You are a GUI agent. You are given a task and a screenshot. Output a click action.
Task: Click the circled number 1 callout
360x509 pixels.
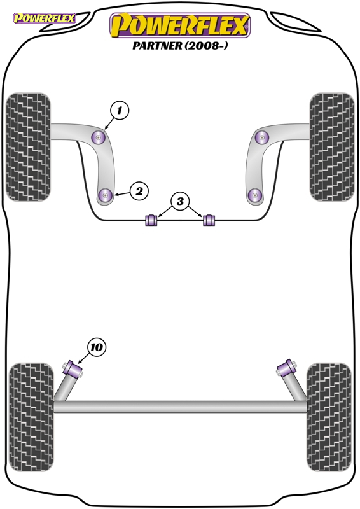120,110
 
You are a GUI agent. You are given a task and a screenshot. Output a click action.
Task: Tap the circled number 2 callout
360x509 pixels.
139,192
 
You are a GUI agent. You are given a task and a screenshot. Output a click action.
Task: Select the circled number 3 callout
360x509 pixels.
180,201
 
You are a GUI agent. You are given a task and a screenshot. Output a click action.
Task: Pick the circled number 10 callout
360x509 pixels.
97,347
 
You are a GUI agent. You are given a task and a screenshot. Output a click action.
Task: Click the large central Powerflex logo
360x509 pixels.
180,25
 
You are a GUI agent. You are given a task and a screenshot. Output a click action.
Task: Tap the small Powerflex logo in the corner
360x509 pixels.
44,18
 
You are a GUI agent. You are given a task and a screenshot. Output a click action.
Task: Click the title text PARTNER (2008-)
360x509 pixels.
180,45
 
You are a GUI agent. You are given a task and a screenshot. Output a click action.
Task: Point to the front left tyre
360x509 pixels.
29,147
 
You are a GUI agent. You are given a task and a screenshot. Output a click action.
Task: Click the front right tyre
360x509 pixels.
332,147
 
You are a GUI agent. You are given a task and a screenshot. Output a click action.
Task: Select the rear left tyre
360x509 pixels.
31,417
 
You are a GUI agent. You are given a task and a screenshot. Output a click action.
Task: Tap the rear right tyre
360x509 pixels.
329,417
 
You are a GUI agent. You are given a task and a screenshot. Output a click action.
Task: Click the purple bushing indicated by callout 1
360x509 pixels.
99,137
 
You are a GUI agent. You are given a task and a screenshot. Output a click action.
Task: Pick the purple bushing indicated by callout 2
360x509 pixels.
106,195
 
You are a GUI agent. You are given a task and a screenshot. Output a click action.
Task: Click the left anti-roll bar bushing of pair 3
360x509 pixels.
151,220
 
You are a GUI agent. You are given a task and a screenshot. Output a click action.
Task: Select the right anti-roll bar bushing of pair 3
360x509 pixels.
209,220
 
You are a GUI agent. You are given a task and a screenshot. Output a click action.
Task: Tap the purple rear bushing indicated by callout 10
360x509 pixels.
73,369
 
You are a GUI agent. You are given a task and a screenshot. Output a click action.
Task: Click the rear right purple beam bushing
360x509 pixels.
286,368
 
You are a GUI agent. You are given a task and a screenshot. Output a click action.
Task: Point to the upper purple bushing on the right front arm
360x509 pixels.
261,137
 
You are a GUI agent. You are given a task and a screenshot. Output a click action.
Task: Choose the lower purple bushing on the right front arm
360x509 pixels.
255,195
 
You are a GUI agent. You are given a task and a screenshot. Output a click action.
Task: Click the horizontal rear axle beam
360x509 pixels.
180,407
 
